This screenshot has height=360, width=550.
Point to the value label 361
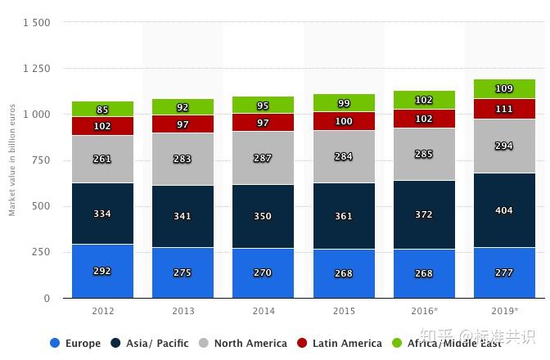(343, 216)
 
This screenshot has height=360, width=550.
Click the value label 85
(102, 110)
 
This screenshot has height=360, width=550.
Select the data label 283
(183, 159)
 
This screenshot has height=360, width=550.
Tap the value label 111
(504, 109)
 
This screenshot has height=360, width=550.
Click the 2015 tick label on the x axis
(343, 312)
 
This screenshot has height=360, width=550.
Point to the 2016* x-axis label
(424, 312)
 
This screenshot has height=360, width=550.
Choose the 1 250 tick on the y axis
(36, 69)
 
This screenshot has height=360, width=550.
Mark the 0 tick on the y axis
(47, 299)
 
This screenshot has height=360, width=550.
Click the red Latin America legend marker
(301, 344)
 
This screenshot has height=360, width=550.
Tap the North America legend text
(250, 344)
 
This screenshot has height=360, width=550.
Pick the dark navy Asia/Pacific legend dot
(115, 344)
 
